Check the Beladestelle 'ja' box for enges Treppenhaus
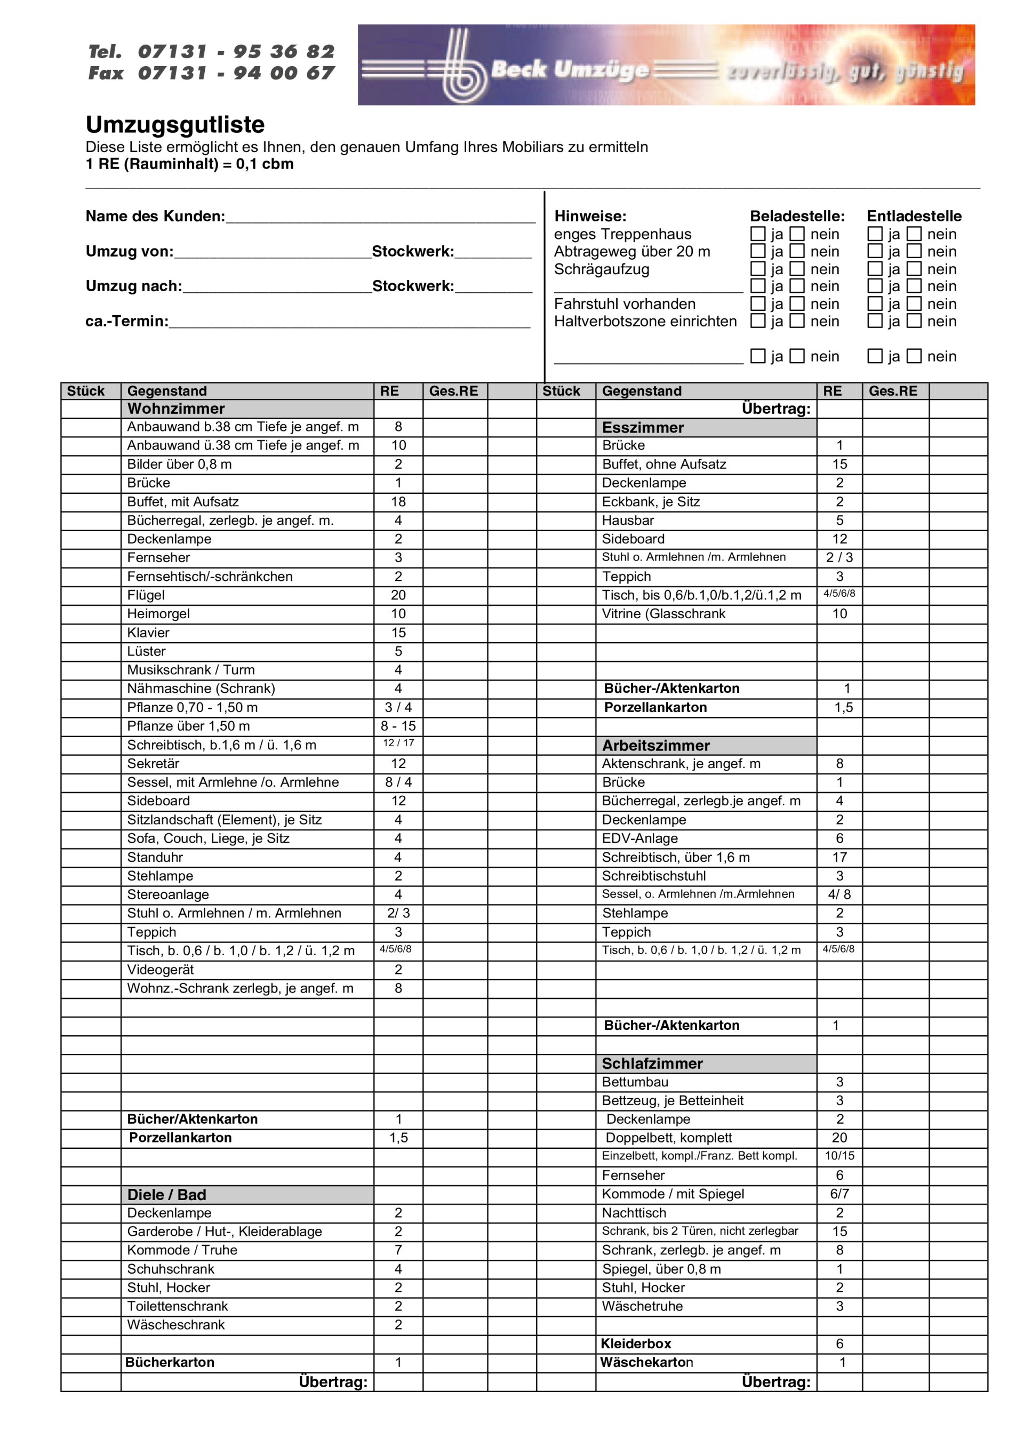[x=758, y=234]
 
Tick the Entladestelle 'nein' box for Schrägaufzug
[x=914, y=269]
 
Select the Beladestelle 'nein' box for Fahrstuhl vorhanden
[x=798, y=304]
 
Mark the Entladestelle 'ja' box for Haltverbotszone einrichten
[x=875, y=321]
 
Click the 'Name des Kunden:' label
[x=155, y=216]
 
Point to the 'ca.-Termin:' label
[x=127, y=321]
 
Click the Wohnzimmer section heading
[x=176, y=409]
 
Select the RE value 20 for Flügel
[x=398, y=595]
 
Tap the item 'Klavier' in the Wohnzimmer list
[x=148, y=633]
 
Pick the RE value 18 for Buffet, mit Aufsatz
[x=398, y=502]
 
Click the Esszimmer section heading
[x=643, y=427]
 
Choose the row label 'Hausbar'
[x=627, y=520]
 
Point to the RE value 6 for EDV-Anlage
[x=839, y=838]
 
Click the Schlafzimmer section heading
[x=652, y=1064]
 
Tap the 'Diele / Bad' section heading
[x=166, y=1194]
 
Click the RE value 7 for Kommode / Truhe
[x=398, y=1250]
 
